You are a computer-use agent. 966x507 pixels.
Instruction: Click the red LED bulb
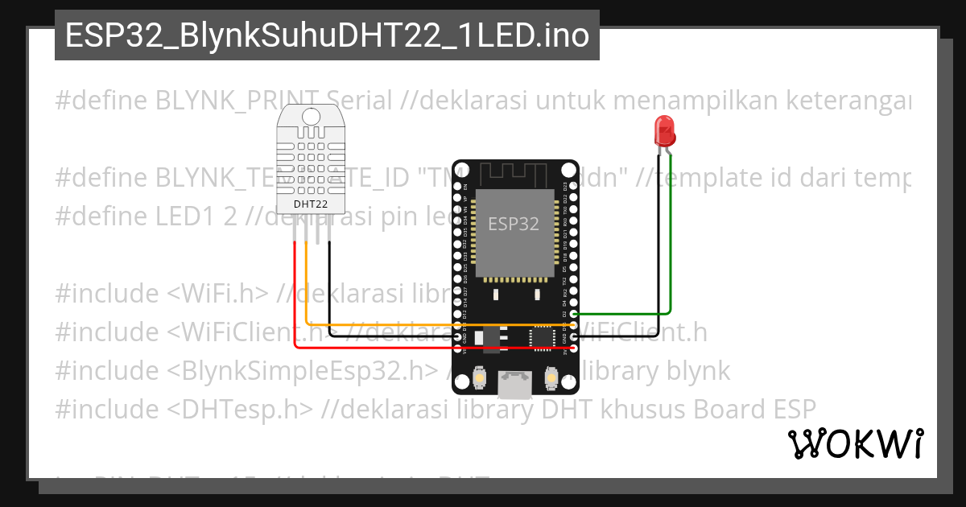tap(665, 129)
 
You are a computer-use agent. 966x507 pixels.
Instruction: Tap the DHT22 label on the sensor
tap(310, 204)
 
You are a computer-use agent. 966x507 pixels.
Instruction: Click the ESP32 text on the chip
tap(514, 224)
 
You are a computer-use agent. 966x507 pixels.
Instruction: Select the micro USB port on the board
tap(514, 385)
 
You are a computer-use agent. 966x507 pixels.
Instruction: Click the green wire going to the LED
tap(671, 241)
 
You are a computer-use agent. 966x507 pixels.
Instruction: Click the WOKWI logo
tap(855, 443)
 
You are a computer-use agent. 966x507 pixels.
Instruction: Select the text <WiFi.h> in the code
tap(218, 293)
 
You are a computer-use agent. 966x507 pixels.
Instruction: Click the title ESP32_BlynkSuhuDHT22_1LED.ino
tap(327, 35)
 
